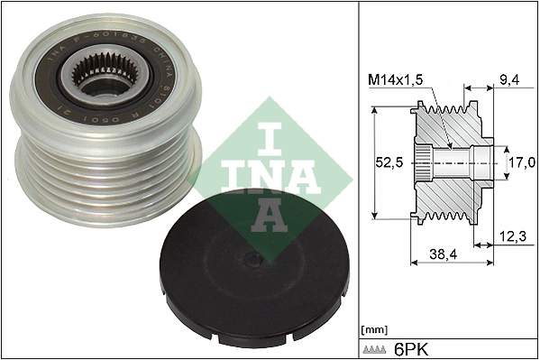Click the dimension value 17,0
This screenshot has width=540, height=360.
520,164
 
